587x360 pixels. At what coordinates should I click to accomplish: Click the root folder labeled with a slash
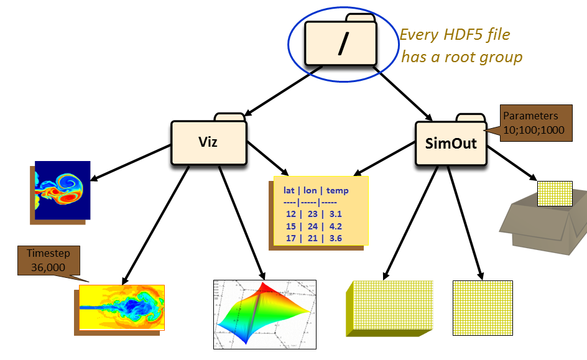point(340,44)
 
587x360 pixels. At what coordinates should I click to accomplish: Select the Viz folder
point(208,142)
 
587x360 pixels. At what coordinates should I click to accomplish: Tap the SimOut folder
point(451,143)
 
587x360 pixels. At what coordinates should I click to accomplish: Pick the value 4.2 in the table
point(336,226)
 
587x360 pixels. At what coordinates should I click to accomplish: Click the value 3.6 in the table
point(336,238)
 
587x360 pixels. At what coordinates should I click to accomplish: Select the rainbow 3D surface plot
point(265,313)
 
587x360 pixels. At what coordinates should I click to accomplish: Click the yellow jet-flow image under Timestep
point(122,307)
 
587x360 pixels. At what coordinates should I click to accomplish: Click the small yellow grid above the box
point(550,193)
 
